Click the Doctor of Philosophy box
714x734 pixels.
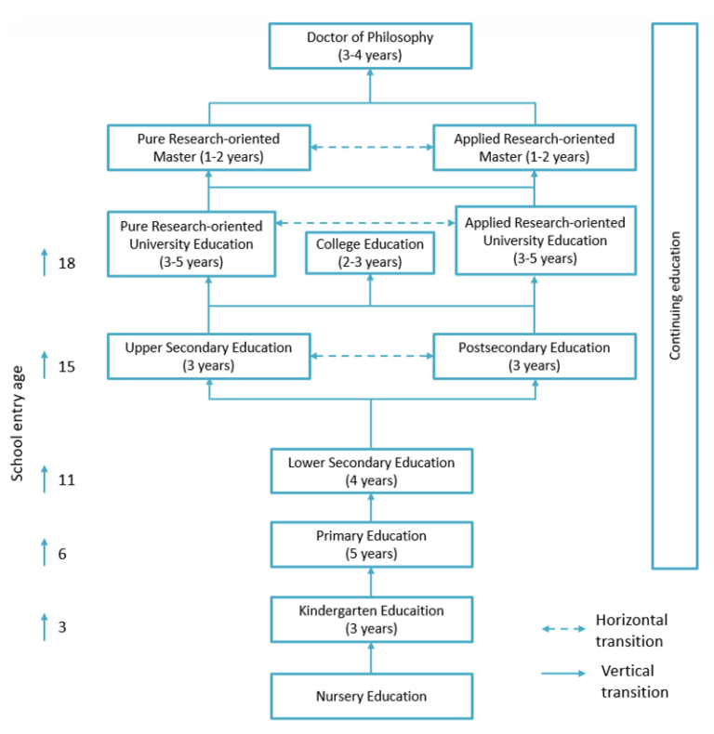coord(370,46)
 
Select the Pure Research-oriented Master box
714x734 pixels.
coord(209,148)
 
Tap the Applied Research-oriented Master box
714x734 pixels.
coord(535,148)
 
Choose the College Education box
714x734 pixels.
coord(370,253)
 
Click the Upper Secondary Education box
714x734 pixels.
coord(209,356)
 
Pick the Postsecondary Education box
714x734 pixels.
coord(535,356)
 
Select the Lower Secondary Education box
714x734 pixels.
coord(372,471)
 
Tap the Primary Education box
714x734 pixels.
coord(372,544)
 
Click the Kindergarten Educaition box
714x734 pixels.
coord(372,620)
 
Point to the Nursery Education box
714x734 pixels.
coord(372,696)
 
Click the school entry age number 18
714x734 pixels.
coord(67,264)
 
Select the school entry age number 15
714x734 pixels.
coord(67,366)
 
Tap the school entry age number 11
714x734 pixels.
coord(67,480)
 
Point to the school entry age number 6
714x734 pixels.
coord(62,555)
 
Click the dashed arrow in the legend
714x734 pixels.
coord(563,629)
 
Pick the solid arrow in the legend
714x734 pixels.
coord(563,674)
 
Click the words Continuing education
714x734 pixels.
coord(675,295)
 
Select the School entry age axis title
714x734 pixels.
coord(18,424)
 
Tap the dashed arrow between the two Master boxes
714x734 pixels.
coord(372,147)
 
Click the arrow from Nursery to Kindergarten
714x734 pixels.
coord(372,658)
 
